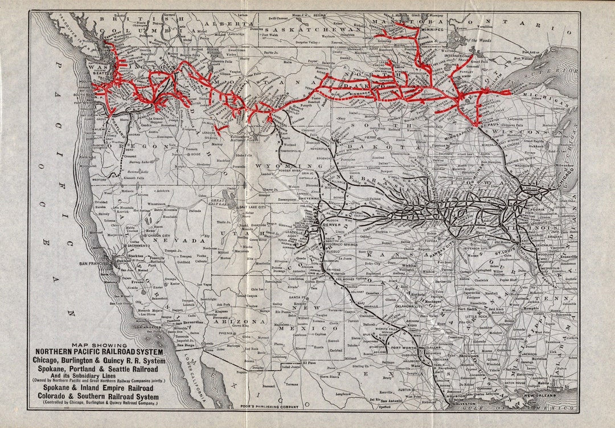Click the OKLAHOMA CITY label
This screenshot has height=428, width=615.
tap(404, 305)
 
